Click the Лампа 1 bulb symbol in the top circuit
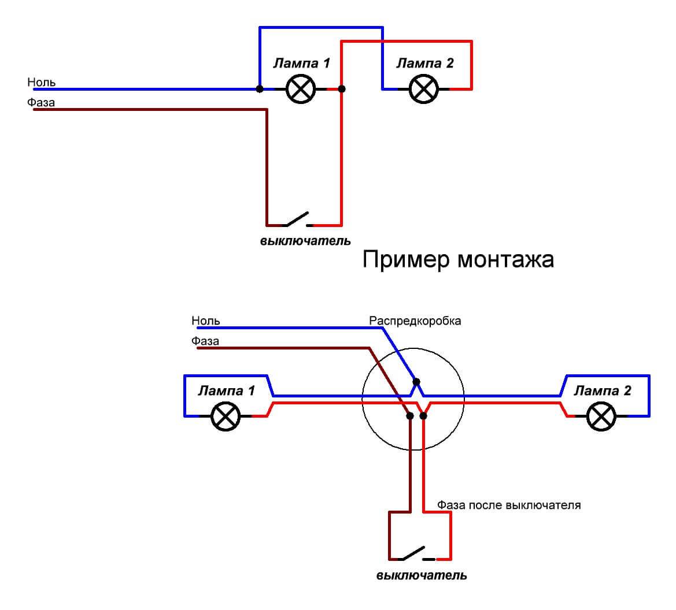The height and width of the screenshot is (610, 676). point(301,89)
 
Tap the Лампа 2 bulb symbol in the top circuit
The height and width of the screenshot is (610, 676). point(424,89)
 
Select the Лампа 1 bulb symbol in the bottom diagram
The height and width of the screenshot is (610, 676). point(226,416)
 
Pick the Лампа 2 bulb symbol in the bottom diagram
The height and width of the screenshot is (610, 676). point(601,416)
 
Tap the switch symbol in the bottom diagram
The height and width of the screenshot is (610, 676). point(415,555)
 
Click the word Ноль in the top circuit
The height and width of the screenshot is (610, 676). point(42,82)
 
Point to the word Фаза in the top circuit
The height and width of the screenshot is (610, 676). point(40,103)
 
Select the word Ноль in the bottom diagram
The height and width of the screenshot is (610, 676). point(206,321)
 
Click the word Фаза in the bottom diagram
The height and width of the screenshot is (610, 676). point(205,341)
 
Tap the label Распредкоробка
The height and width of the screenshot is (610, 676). point(415,321)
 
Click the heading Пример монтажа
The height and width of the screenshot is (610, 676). point(458,259)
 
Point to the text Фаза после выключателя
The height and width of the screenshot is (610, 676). point(509,505)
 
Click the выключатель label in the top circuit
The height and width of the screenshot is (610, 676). point(305,240)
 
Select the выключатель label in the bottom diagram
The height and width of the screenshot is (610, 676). point(422,575)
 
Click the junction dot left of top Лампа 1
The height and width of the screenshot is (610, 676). point(260,89)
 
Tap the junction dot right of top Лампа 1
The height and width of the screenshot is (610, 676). point(342,89)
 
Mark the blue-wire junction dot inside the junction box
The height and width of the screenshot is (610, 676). point(416,382)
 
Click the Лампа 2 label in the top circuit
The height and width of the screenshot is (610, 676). point(425,63)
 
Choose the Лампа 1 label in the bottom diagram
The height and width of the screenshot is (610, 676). point(226,390)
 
